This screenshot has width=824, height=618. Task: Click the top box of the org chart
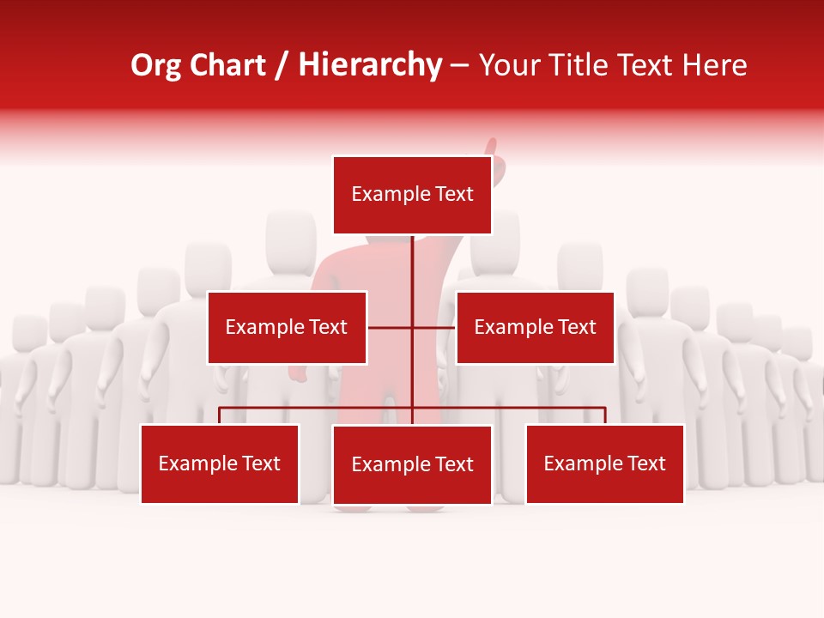coord(412,195)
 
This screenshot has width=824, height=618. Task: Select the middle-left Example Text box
coord(287,327)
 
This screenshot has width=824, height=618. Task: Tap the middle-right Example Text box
coord(535,327)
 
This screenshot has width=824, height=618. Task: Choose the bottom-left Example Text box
coord(220,463)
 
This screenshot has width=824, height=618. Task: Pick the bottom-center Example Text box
coord(412,464)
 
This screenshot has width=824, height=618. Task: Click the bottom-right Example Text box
coord(604,463)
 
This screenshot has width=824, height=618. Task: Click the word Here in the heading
coord(715,65)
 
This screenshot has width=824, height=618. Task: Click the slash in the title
coord(281,65)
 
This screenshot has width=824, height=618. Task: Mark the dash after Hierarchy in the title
coord(459,65)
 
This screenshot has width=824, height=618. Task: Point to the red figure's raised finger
coord(493,147)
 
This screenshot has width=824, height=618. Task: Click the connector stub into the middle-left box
coord(389,327)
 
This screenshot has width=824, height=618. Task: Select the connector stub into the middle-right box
coord(434,327)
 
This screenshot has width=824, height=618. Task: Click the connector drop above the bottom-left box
coord(220,415)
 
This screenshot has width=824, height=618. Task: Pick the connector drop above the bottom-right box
coord(605,415)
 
